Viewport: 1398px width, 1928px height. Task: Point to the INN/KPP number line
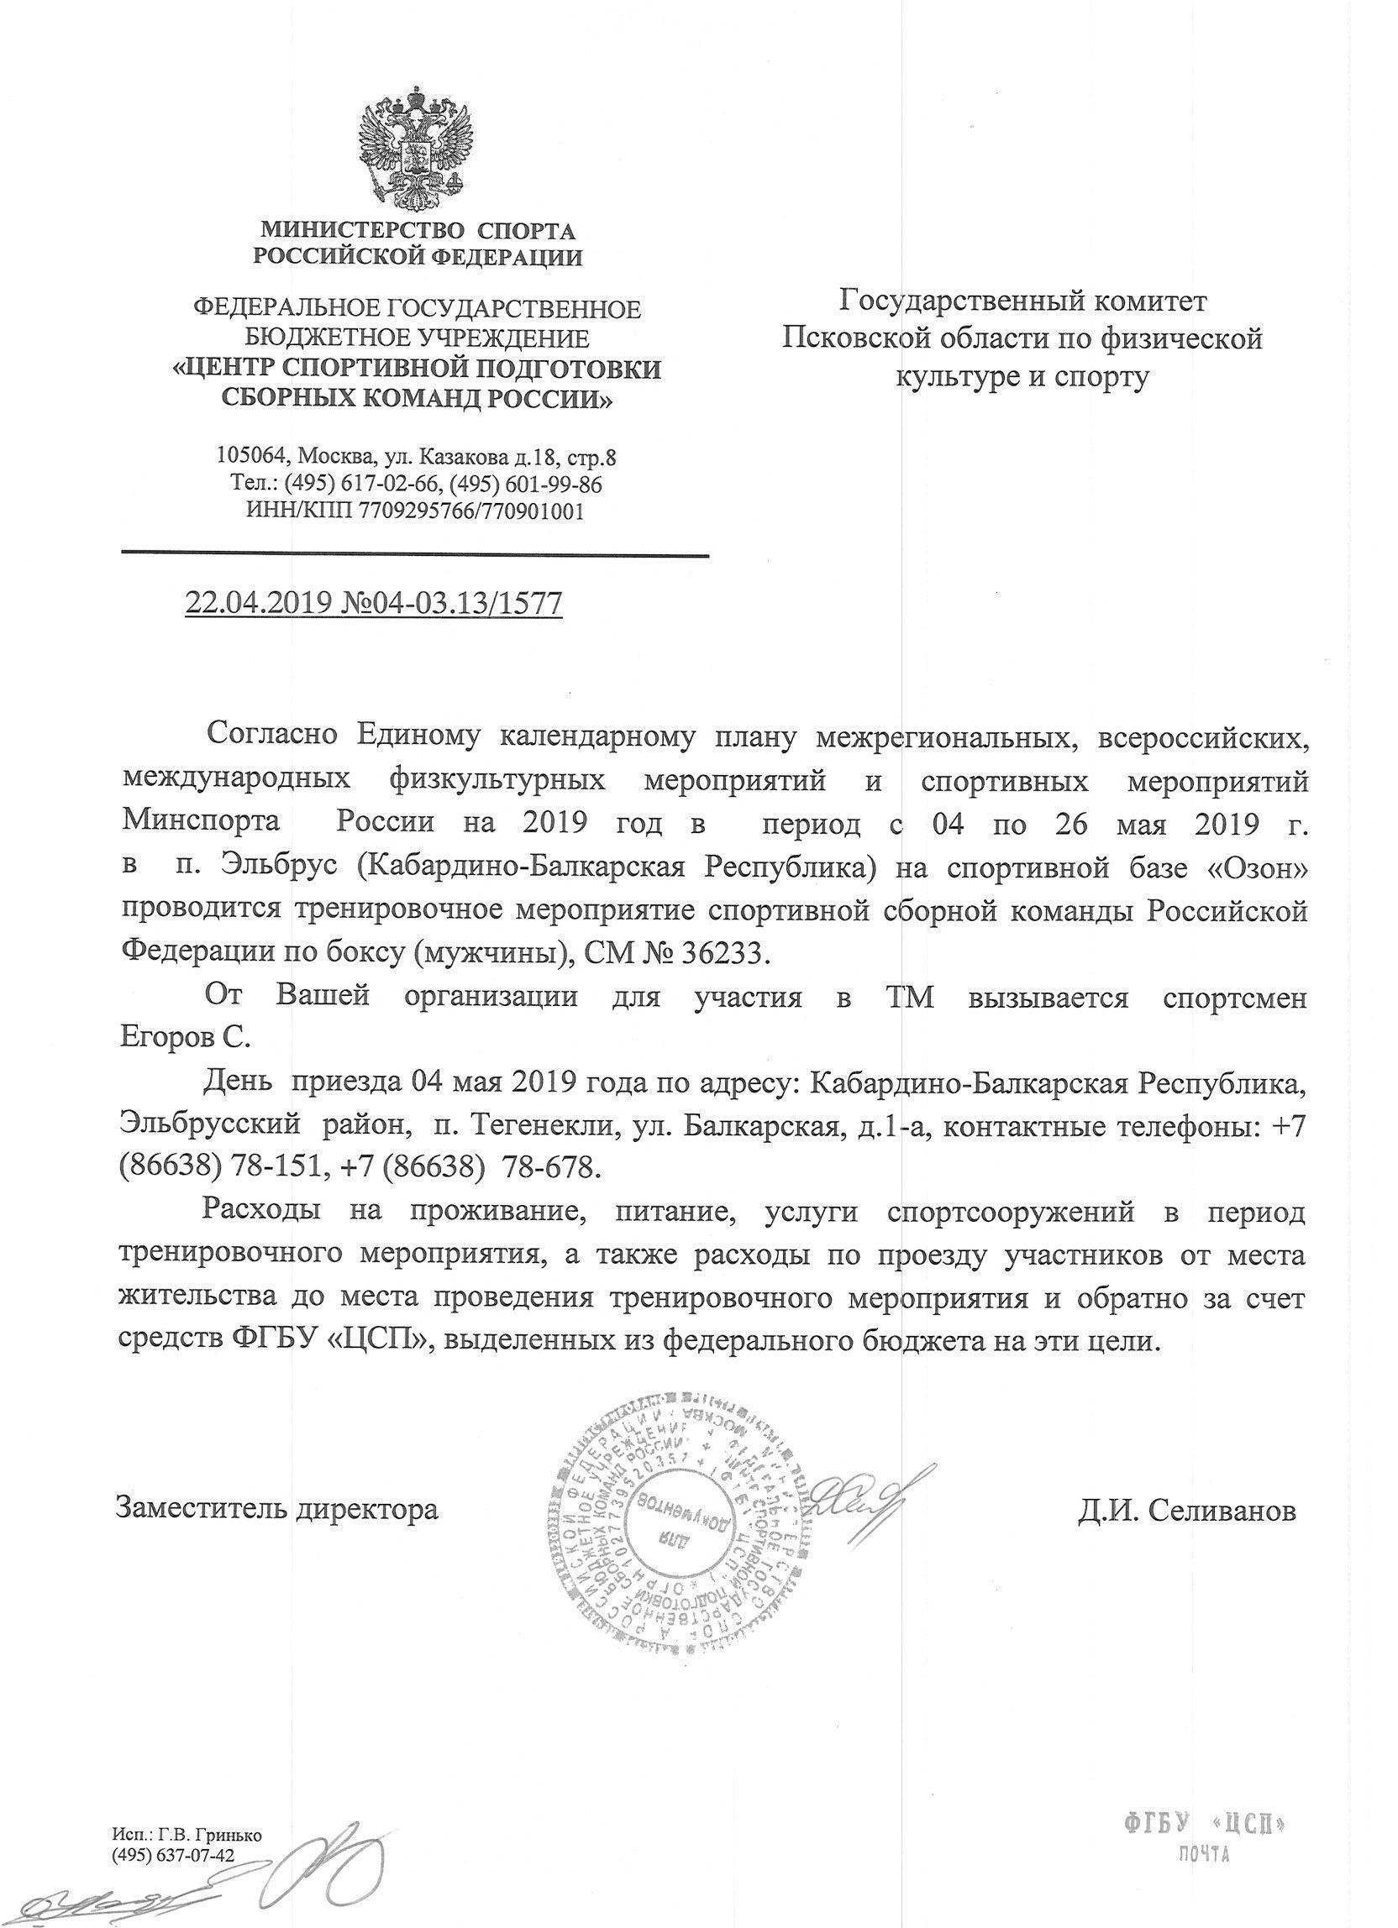point(415,511)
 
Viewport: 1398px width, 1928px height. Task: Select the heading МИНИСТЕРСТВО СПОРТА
point(417,230)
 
